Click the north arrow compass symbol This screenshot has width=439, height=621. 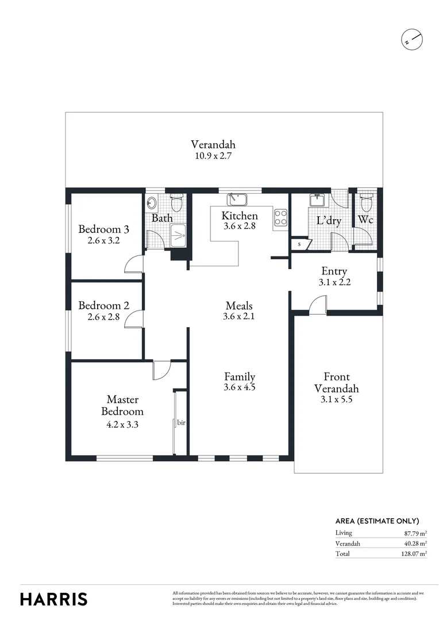pyautogui.click(x=411, y=40)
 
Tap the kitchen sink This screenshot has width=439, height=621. pyautogui.click(x=237, y=200)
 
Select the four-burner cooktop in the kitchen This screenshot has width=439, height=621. pyautogui.click(x=281, y=217)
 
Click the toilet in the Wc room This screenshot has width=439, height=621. pyautogui.click(x=365, y=202)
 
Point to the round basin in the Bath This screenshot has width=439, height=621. pyautogui.click(x=152, y=203)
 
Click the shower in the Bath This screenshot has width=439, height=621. pyautogui.click(x=179, y=235)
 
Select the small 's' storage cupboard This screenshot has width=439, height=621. pyautogui.click(x=299, y=244)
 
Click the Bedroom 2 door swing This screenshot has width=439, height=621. pyautogui.click(x=134, y=320)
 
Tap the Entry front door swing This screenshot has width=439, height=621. pyautogui.click(x=318, y=305)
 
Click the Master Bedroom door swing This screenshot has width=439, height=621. pyautogui.click(x=161, y=370)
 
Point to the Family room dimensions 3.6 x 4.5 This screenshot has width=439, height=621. pyautogui.click(x=239, y=388)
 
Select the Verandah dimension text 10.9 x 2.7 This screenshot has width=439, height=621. pyautogui.click(x=213, y=155)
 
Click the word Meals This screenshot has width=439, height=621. pyautogui.click(x=239, y=306)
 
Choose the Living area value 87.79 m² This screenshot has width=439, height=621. pyautogui.click(x=413, y=533)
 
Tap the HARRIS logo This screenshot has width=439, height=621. pyautogui.click(x=54, y=599)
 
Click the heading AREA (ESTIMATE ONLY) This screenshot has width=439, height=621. pyautogui.click(x=377, y=521)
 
